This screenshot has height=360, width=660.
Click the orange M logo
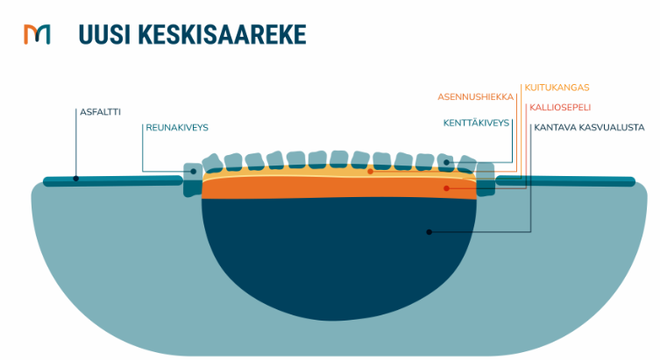[37, 34]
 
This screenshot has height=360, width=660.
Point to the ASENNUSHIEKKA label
[475, 96]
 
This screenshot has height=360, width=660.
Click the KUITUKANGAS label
[557, 88]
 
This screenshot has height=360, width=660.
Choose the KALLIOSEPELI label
[560, 108]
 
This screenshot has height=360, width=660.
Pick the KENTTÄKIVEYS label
[476, 124]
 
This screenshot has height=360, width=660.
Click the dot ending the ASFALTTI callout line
[76, 179]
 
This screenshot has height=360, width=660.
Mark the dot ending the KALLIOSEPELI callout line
[446, 188]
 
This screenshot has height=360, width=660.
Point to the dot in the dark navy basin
[429, 231]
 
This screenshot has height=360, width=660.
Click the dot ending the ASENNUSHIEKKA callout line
[370, 172]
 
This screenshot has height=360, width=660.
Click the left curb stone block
[191, 180]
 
